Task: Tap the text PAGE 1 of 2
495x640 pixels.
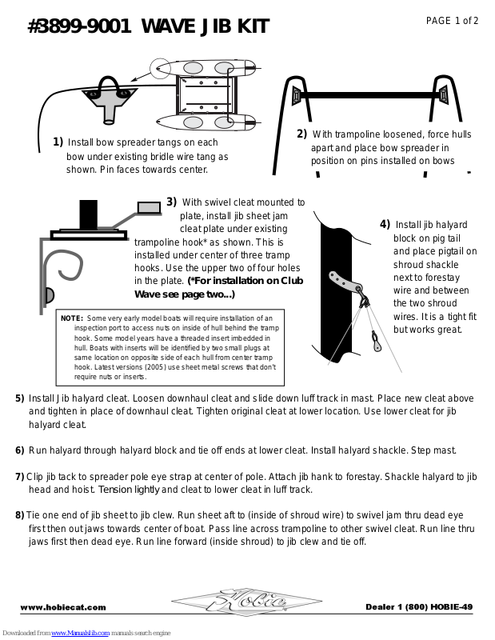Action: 452,21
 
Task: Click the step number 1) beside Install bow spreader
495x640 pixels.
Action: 58,142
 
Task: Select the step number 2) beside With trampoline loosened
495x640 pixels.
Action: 302,134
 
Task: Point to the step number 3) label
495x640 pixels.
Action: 172,202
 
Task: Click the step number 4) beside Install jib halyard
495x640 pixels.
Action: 385,224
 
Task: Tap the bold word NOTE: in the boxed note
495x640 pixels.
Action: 72,318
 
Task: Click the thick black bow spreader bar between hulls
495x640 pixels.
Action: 367,96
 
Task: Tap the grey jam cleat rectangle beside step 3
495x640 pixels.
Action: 149,208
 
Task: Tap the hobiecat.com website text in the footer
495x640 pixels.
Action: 63,607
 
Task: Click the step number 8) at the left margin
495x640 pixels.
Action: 19,515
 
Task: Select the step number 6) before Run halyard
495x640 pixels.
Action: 20,450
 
